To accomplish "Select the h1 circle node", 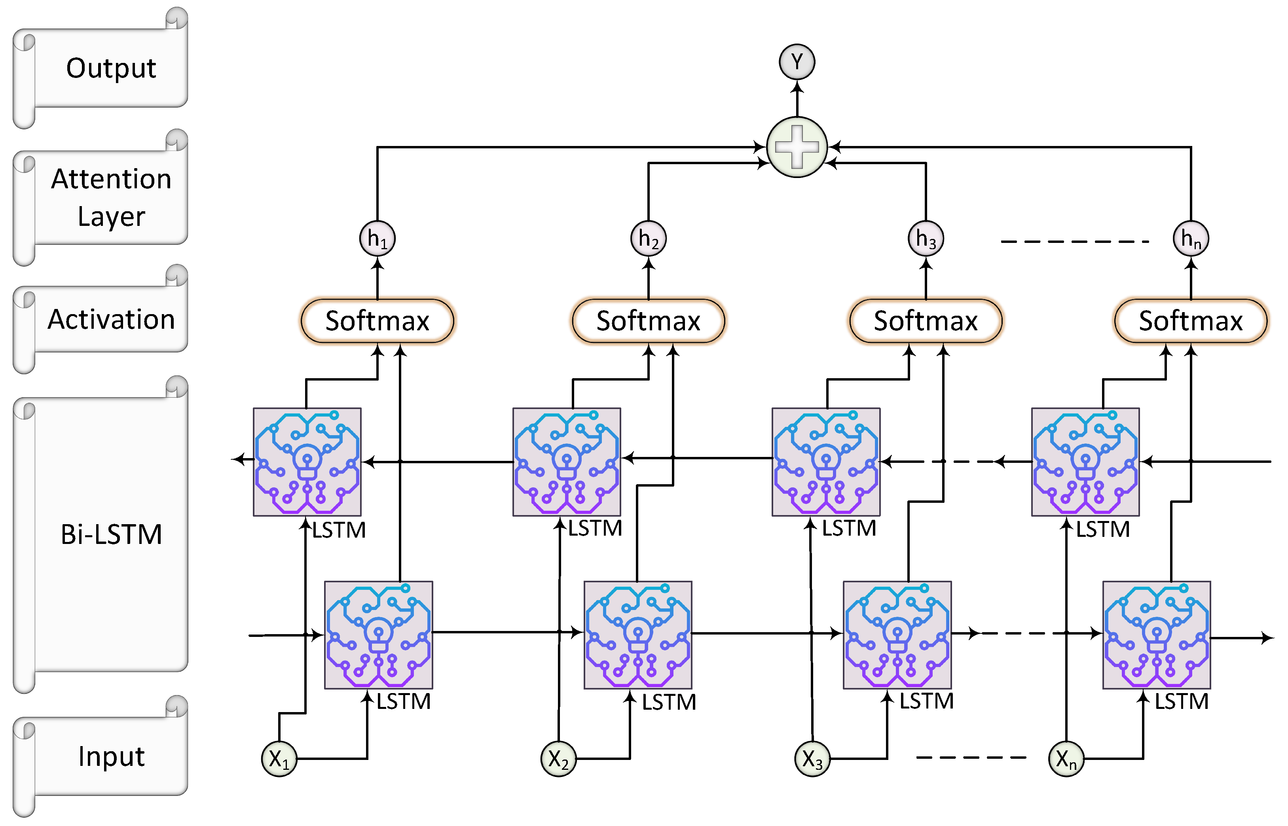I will [377, 238].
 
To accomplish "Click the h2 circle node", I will [648, 238].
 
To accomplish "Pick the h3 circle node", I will [926, 238].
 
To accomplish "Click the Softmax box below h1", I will [377, 321].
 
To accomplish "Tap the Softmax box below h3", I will [926, 321].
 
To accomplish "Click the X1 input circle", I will [279, 758].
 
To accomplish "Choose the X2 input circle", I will [558, 758].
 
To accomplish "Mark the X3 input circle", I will [812, 758].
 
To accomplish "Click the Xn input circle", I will [1066, 758].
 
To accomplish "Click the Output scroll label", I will [111, 68].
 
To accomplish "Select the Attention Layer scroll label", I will [111, 197].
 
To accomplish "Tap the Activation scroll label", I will [111, 319].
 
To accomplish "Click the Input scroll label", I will [111, 756].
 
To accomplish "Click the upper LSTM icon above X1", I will [307, 462].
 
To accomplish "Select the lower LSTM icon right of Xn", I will [1156, 635].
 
